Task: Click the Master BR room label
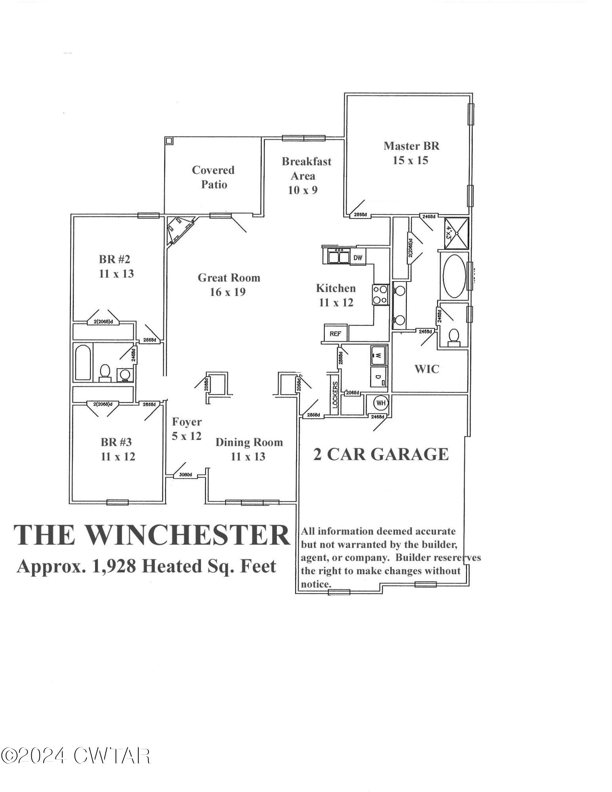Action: coord(411,153)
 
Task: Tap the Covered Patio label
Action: coord(214,177)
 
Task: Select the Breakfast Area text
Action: coord(306,175)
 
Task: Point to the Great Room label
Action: coord(229,285)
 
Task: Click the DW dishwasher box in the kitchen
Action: coord(358,258)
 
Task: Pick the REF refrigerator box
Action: coord(335,333)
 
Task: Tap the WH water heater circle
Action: coord(381,403)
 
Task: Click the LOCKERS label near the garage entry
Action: coord(335,395)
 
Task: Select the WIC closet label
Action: coord(427,369)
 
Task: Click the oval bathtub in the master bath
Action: coord(454,276)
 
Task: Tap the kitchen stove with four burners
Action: coord(380,295)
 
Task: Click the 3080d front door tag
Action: coord(185,474)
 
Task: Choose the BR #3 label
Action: coord(118,449)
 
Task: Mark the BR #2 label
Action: coord(116,267)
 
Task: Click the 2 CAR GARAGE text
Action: coord(381,454)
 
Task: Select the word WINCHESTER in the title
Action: coord(185,535)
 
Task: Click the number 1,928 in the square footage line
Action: coord(114,566)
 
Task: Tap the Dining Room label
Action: coord(249,449)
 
